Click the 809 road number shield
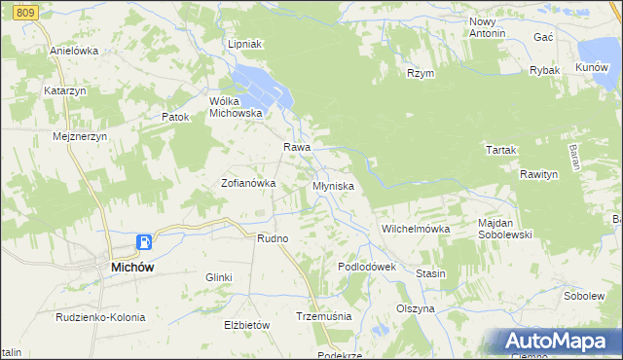click(26, 11)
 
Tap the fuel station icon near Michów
click(144, 242)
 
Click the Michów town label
click(130, 266)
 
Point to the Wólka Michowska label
click(237, 106)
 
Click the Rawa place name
click(296, 147)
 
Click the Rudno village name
click(272, 237)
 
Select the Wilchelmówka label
click(416, 229)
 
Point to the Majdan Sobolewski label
click(506, 229)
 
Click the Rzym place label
click(421, 73)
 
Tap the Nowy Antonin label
click(488, 27)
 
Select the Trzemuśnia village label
click(323, 316)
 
